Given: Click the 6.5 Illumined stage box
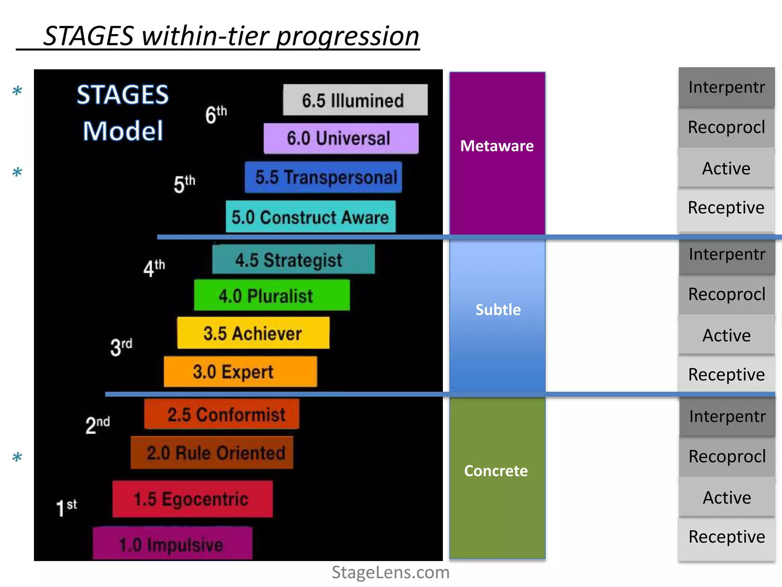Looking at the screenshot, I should [355, 100].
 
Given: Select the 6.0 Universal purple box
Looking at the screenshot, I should [341, 138].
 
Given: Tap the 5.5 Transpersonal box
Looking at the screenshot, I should [323, 177].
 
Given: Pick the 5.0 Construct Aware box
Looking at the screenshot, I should [310, 217].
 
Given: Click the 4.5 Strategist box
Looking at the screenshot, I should [293, 259].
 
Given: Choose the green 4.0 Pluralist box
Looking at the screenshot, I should [271, 295].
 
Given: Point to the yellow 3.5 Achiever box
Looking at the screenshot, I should [253, 333].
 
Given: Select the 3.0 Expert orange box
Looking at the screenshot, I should [240, 371].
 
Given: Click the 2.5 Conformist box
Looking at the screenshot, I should [221, 414].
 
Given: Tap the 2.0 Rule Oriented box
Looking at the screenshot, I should [212, 453].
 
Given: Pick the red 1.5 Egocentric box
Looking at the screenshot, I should [192, 499].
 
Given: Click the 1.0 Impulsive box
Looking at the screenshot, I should [172, 544].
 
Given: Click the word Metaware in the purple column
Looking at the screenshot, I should [497, 146].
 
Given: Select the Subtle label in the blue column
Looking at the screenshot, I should [498, 310].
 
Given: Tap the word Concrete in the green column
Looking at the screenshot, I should [496, 471].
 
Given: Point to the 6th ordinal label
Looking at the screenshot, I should [216, 114].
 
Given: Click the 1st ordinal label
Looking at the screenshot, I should [66, 508].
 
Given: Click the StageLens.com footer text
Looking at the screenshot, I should [390, 572].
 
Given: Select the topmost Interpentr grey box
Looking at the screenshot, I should [726, 87].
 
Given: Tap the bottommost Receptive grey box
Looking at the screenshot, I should [726, 537].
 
